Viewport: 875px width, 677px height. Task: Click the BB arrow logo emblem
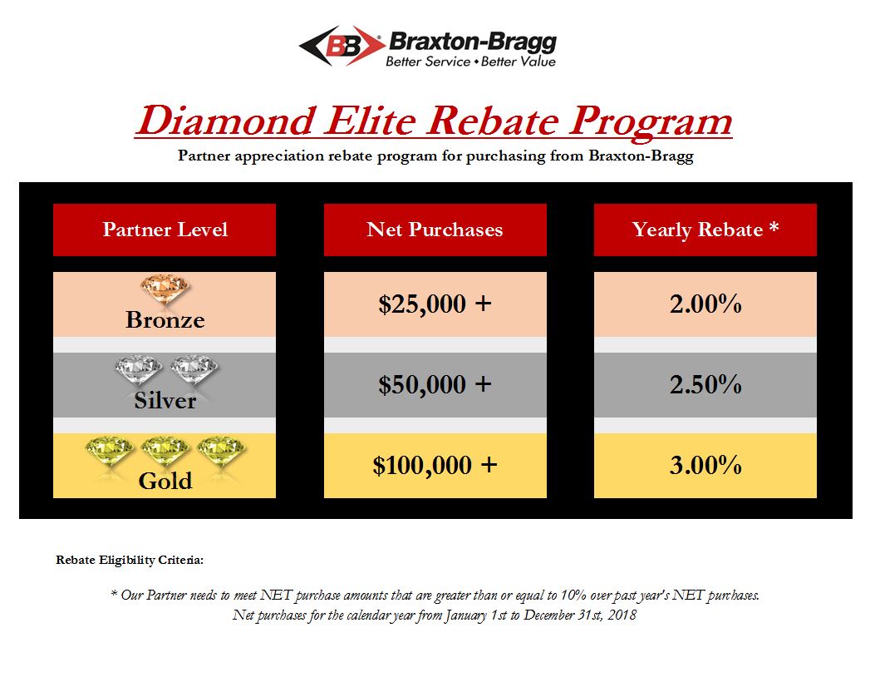[x=342, y=46]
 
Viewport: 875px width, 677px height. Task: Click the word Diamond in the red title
[x=227, y=121]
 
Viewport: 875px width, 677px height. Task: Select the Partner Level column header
[x=165, y=230]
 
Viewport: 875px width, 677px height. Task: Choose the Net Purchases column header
[x=435, y=230]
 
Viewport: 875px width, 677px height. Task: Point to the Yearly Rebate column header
[x=705, y=230]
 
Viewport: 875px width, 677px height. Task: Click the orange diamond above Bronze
[x=165, y=289]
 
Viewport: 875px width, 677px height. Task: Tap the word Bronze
[x=165, y=319]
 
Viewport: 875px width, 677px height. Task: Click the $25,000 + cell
[x=435, y=304]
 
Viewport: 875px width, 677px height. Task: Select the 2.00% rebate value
[x=705, y=304]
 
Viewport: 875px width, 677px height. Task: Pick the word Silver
[x=165, y=400]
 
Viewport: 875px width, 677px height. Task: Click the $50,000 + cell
[x=435, y=385]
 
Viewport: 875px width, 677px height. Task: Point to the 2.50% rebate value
[x=705, y=384]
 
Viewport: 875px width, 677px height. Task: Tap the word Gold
[x=165, y=481]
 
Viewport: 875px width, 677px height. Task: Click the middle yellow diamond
[x=165, y=449]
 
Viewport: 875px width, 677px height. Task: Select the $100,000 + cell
[x=435, y=465]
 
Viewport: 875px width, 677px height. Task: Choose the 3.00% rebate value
[x=705, y=465]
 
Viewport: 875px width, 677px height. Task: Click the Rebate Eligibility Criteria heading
[x=130, y=561]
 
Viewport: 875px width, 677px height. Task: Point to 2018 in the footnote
[x=622, y=615]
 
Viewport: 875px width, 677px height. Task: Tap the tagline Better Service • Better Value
[x=470, y=62]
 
